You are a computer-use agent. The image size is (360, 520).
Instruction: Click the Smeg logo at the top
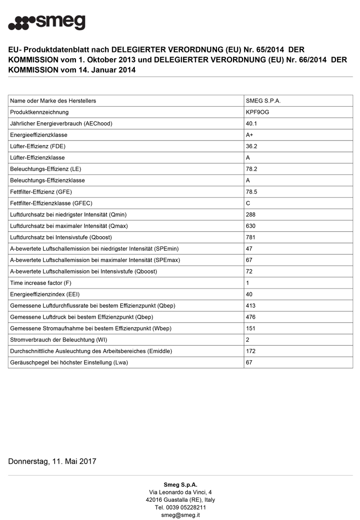[47, 22]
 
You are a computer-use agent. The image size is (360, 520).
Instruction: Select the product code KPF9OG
[258, 112]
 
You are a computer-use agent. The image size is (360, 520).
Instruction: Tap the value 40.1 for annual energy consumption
[252, 124]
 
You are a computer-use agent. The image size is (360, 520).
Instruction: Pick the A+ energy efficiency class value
[250, 135]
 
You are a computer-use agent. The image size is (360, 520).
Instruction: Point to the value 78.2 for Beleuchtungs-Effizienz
[252, 169]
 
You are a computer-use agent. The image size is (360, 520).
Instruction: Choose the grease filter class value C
[248, 203]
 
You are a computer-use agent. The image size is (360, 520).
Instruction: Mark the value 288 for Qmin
[251, 215]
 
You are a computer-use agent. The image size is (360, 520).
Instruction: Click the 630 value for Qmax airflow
[251, 226]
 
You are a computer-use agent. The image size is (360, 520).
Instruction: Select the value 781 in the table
[251, 238]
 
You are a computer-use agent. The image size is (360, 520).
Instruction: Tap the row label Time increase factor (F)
[41, 283]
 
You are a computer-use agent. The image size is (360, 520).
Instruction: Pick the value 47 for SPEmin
[249, 249]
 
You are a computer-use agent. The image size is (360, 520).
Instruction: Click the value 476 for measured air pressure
[251, 317]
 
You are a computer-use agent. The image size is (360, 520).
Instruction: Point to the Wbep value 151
[251, 329]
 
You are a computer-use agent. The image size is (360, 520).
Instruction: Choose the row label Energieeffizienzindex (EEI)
[45, 294]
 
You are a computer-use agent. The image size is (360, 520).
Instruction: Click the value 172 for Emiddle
[251, 352]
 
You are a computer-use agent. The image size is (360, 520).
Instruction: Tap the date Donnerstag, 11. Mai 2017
[52, 461]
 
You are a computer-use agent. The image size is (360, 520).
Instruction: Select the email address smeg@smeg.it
[180, 515]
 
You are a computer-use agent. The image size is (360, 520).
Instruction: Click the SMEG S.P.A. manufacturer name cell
[263, 101]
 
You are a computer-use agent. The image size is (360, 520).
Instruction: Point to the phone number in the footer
[180, 508]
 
